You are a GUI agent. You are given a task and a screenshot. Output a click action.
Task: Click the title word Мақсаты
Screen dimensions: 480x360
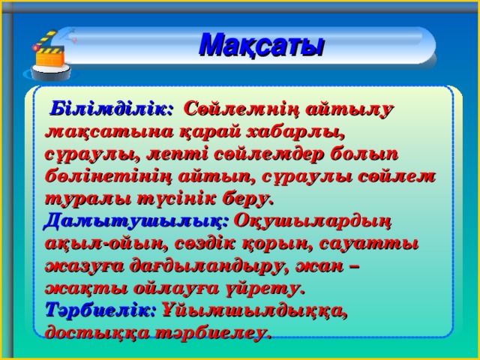click(x=261, y=45)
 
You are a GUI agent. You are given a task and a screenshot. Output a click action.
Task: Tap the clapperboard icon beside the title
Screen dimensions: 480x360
click(x=49, y=55)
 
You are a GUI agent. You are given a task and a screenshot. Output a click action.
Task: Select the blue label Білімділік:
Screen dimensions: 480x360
click(x=112, y=108)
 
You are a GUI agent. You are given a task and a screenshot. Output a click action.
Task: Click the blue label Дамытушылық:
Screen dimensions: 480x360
click(x=136, y=221)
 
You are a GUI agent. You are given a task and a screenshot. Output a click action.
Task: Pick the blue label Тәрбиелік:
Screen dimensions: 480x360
click(x=101, y=310)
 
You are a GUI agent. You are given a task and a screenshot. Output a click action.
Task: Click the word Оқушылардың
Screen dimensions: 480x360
click(x=313, y=222)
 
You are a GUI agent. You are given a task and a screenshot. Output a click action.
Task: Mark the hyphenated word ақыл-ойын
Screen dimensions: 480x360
click(x=106, y=244)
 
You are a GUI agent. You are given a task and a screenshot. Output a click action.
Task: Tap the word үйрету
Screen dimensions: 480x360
click(x=265, y=289)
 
